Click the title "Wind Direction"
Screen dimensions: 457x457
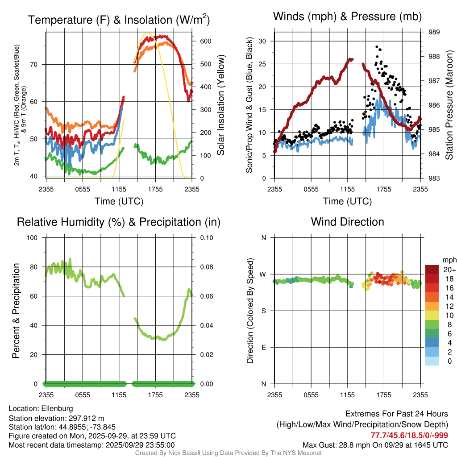[x=347, y=222]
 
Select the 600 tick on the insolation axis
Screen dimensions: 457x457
[x=205, y=41]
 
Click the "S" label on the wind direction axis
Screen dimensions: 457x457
[x=263, y=311]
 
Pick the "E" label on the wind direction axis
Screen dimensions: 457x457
[x=263, y=347]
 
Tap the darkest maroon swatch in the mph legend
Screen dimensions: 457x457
[x=432, y=270]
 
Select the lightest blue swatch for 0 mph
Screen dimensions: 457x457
[x=432, y=361]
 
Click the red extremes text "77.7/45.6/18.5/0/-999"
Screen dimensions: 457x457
[x=409, y=435]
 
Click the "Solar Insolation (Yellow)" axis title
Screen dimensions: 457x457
[x=221, y=105]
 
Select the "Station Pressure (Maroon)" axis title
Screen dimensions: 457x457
[x=449, y=105]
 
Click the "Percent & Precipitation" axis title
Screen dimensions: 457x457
[x=16, y=311]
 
